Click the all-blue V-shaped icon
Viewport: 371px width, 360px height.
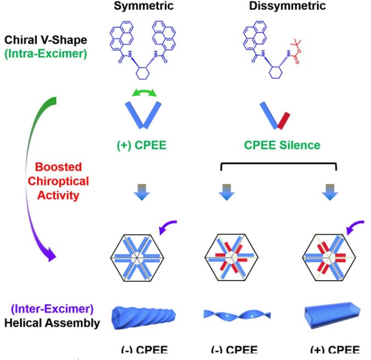pyautogui.click(x=144, y=115)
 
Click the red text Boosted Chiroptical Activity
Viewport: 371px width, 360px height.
pyautogui.click(x=59, y=181)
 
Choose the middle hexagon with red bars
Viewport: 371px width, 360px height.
pyautogui.click(x=228, y=257)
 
